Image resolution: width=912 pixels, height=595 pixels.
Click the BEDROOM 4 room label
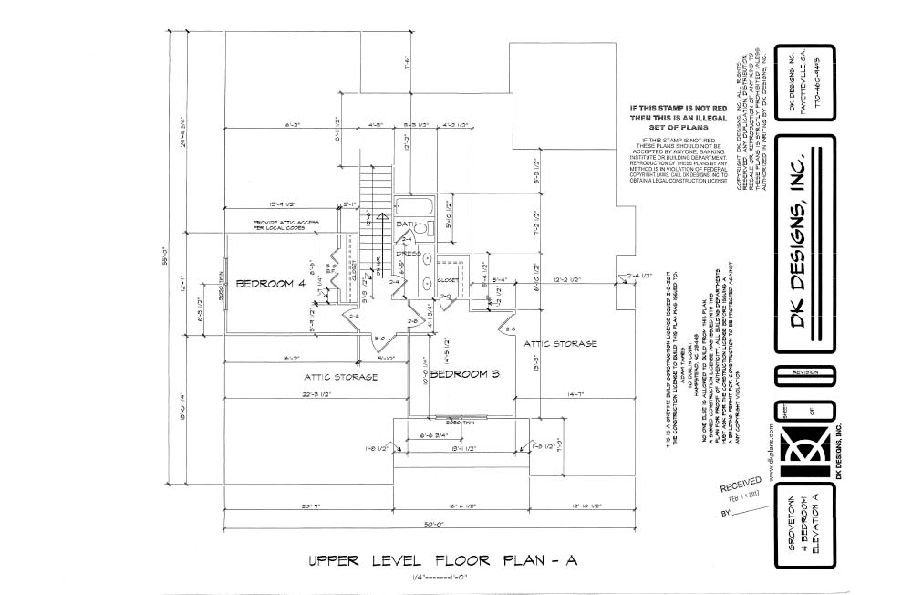click(270, 284)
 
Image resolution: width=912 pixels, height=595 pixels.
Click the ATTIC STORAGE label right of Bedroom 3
click(560, 343)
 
